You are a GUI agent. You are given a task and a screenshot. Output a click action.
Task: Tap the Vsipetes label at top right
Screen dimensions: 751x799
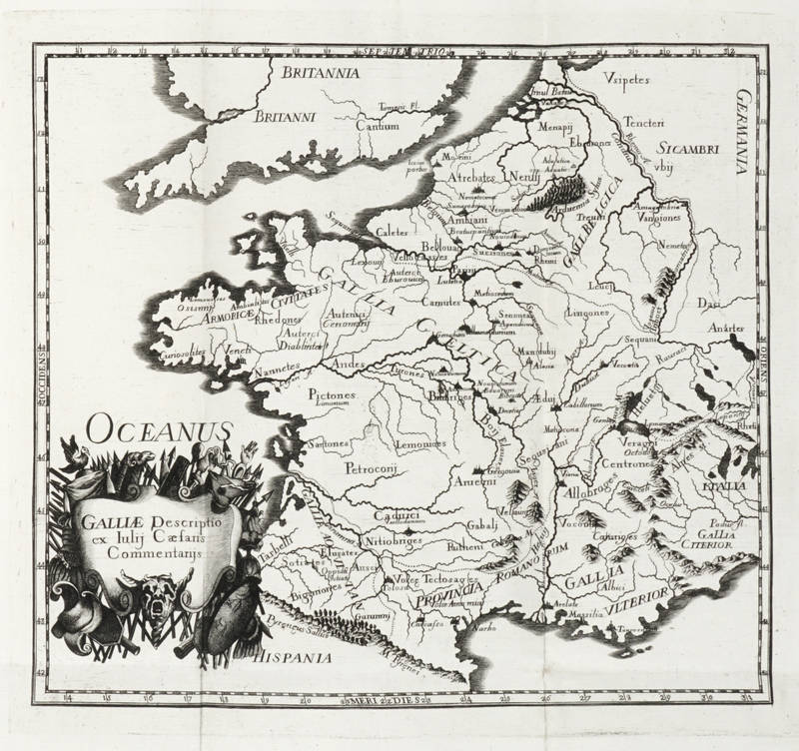[x=627, y=77]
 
